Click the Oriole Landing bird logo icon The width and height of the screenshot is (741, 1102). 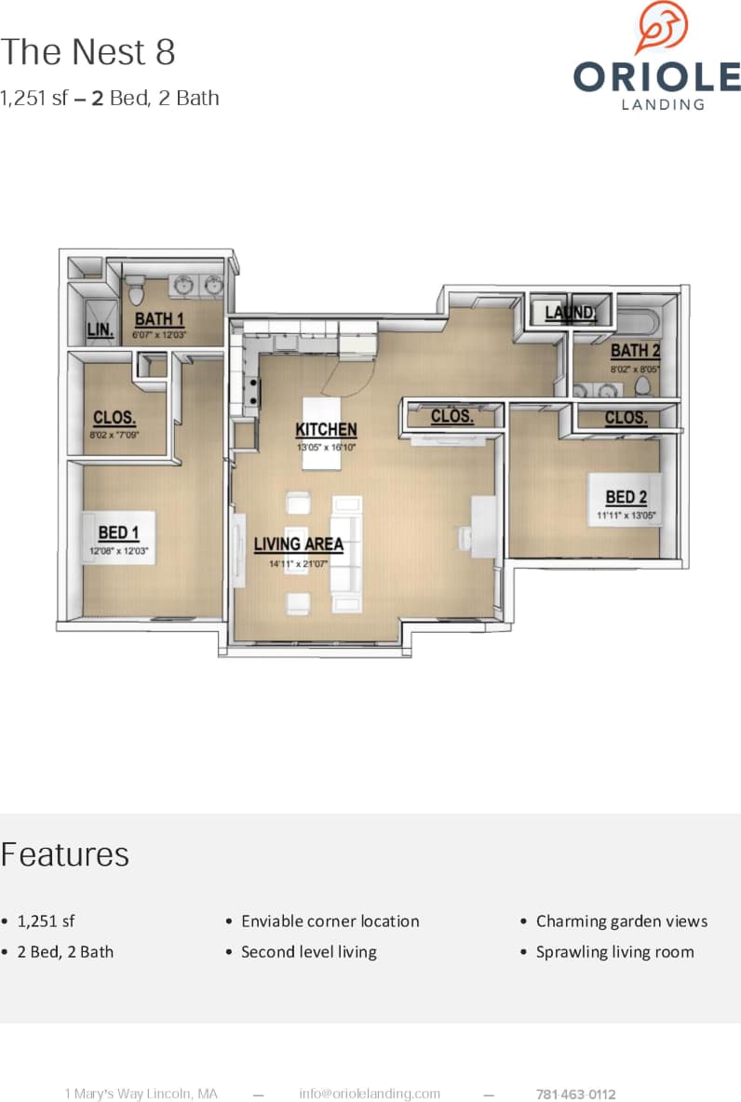click(x=661, y=28)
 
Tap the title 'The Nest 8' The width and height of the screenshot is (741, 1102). click(x=88, y=52)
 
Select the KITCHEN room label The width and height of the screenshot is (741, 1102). click(x=326, y=430)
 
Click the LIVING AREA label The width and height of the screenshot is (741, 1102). click(x=299, y=544)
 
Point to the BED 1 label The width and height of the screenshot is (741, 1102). click(x=118, y=532)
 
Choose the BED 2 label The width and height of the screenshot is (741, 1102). click(x=626, y=497)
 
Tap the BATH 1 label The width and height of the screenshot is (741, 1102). click(x=159, y=320)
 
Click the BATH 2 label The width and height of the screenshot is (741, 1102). click(x=635, y=351)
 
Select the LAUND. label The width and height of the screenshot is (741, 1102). click(x=570, y=313)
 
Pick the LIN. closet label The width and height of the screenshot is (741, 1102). click(x=99, y=329)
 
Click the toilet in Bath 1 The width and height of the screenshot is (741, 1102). click(x=135, y=291)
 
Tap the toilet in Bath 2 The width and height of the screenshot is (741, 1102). click(x=642, y=385)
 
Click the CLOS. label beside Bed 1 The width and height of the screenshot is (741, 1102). click(x=115, y=418)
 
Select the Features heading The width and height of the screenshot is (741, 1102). click(x=65, y=854)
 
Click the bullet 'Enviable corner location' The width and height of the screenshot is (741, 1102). click(x=330, y=921)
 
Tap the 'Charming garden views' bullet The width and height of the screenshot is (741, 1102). click(x=621, y=921)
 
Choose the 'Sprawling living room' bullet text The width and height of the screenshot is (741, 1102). click(x=614, y=952)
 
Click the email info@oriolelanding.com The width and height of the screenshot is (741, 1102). click(x=370, y=1094)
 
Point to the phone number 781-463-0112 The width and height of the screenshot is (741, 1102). click(x=576, y=1095)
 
